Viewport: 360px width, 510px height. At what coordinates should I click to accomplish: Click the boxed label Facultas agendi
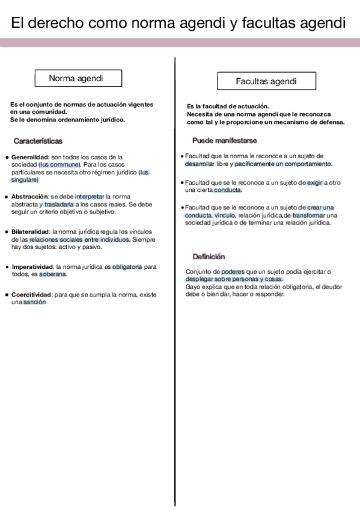coord(257,81)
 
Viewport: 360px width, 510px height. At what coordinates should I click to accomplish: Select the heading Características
coord(38,141)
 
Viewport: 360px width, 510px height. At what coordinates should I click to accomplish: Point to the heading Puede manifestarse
coord(224,140)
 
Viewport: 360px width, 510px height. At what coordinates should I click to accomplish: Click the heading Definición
coord(209,256)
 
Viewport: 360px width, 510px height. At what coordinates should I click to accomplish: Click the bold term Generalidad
coord(29,156)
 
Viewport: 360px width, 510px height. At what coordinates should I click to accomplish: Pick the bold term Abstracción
coord(30,196)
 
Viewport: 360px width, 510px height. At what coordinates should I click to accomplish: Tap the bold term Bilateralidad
coord(31,232)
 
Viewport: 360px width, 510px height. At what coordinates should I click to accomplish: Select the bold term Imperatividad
coord(32,266)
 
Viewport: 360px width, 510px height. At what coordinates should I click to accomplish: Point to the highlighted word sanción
coord(35,302)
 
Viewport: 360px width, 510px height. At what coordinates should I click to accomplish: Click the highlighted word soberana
coord(53,274)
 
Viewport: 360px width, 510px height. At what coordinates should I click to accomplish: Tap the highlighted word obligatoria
coord(127,266)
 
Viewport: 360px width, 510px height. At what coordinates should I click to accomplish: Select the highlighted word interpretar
coord(90,196)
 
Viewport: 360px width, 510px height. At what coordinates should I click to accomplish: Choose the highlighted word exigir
coord(314,182)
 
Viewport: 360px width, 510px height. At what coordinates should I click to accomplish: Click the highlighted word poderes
coord(233,272)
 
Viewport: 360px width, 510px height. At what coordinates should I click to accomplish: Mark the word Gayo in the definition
coord(192,286)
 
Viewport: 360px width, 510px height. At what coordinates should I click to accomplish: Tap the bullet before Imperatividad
coord(6,266)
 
